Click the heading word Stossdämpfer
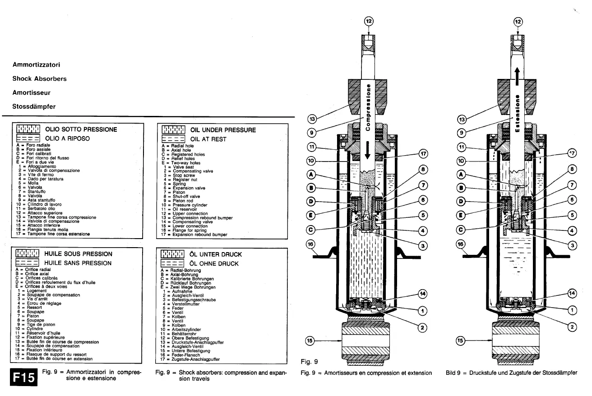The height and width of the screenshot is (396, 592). point(34,107)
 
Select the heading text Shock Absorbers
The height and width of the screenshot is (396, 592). point(39,78)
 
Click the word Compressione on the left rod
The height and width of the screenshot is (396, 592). point(368,107)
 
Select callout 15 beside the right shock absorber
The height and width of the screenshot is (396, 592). point(461,341)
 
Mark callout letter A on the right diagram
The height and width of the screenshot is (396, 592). point(461,174)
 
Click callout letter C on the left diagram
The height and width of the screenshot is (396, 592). point(310,229)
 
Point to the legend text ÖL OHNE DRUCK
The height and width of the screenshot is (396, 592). point(214,263)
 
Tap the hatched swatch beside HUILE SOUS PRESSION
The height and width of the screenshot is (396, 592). point(28,254)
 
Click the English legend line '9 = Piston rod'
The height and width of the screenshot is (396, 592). point(177,201)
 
